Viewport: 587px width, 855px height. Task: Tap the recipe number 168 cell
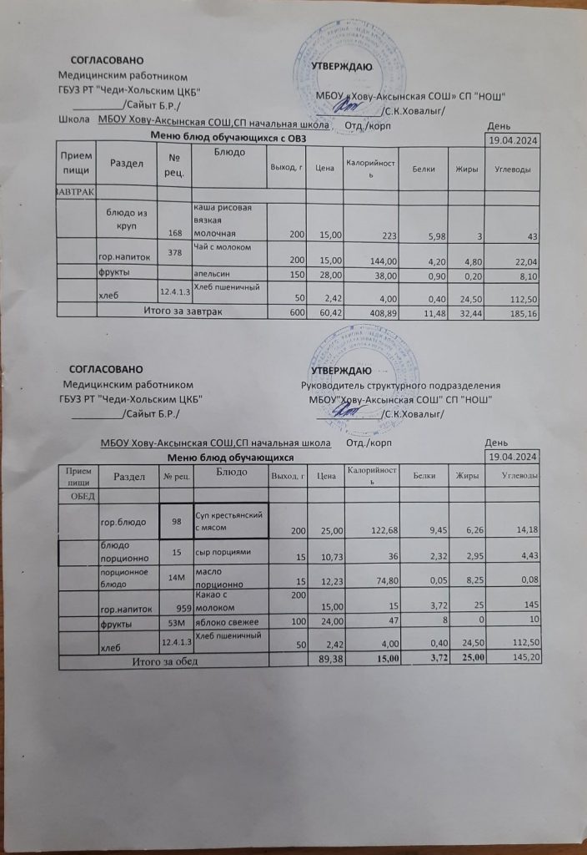(174, 233)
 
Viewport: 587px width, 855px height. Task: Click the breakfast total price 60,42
(324, 311)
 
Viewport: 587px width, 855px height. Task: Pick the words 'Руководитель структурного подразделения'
(400, 386)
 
